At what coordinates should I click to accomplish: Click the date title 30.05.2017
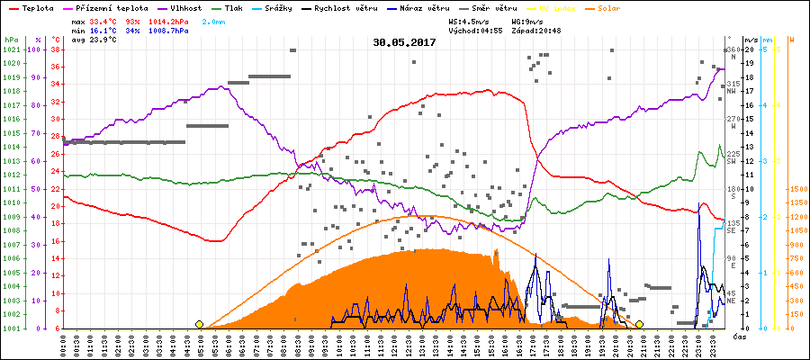(x=404, y=42)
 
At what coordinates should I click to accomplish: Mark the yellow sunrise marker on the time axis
(x=199, y=324)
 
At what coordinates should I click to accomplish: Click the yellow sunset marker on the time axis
(x=639, y=324)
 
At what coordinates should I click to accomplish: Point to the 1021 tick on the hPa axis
(x=11, y=49)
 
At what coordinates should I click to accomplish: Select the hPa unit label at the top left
(x=11, y=40)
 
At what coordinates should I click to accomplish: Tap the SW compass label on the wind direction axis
(x=732, y=160)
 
